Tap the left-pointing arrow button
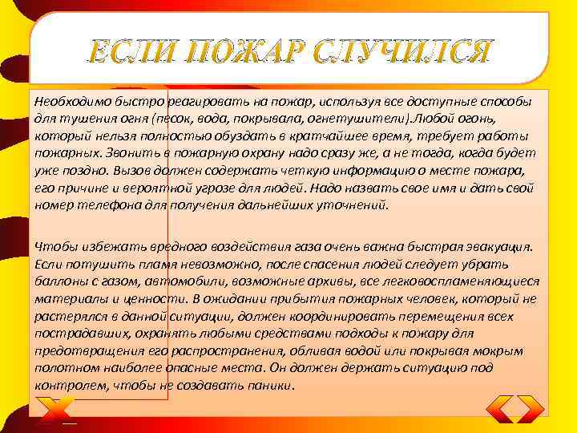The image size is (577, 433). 501,408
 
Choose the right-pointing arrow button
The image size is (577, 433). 531,408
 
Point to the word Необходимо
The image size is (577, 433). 68,103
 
